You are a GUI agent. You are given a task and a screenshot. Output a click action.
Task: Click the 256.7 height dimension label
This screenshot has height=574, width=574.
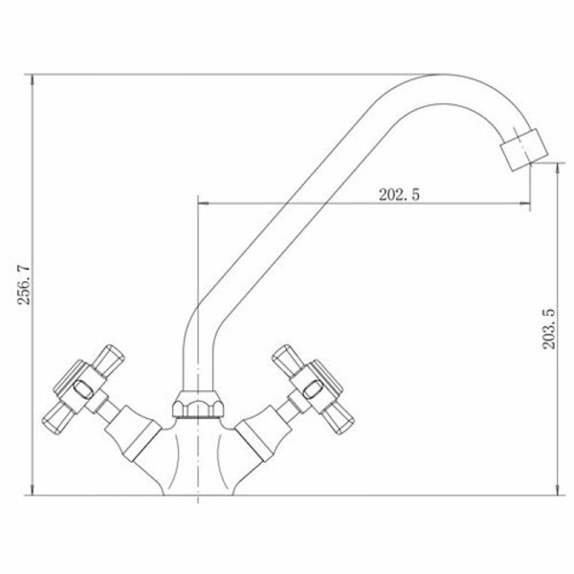click(x=25, y=285)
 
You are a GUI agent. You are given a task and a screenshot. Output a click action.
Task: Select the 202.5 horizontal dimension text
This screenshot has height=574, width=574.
click(x=399, y=194)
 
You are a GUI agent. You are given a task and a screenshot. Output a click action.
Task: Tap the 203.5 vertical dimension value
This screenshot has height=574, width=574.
click(x=549, y=329)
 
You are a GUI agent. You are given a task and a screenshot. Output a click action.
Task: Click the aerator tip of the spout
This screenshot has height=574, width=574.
click(x=524, y=150)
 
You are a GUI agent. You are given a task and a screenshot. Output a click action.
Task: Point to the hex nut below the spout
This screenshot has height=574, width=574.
click(x=198, y=404)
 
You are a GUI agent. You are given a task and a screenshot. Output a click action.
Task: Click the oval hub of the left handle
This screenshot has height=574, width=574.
click(x=83, y=389)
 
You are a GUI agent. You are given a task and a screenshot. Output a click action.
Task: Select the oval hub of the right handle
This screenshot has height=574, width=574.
click(x=314, y=389)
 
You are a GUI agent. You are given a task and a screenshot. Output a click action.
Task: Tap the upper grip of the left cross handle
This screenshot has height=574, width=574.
click(x=108, y=361)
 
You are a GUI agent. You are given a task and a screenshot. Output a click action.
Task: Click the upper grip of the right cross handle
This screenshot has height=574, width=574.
click(x=289, y=361)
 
